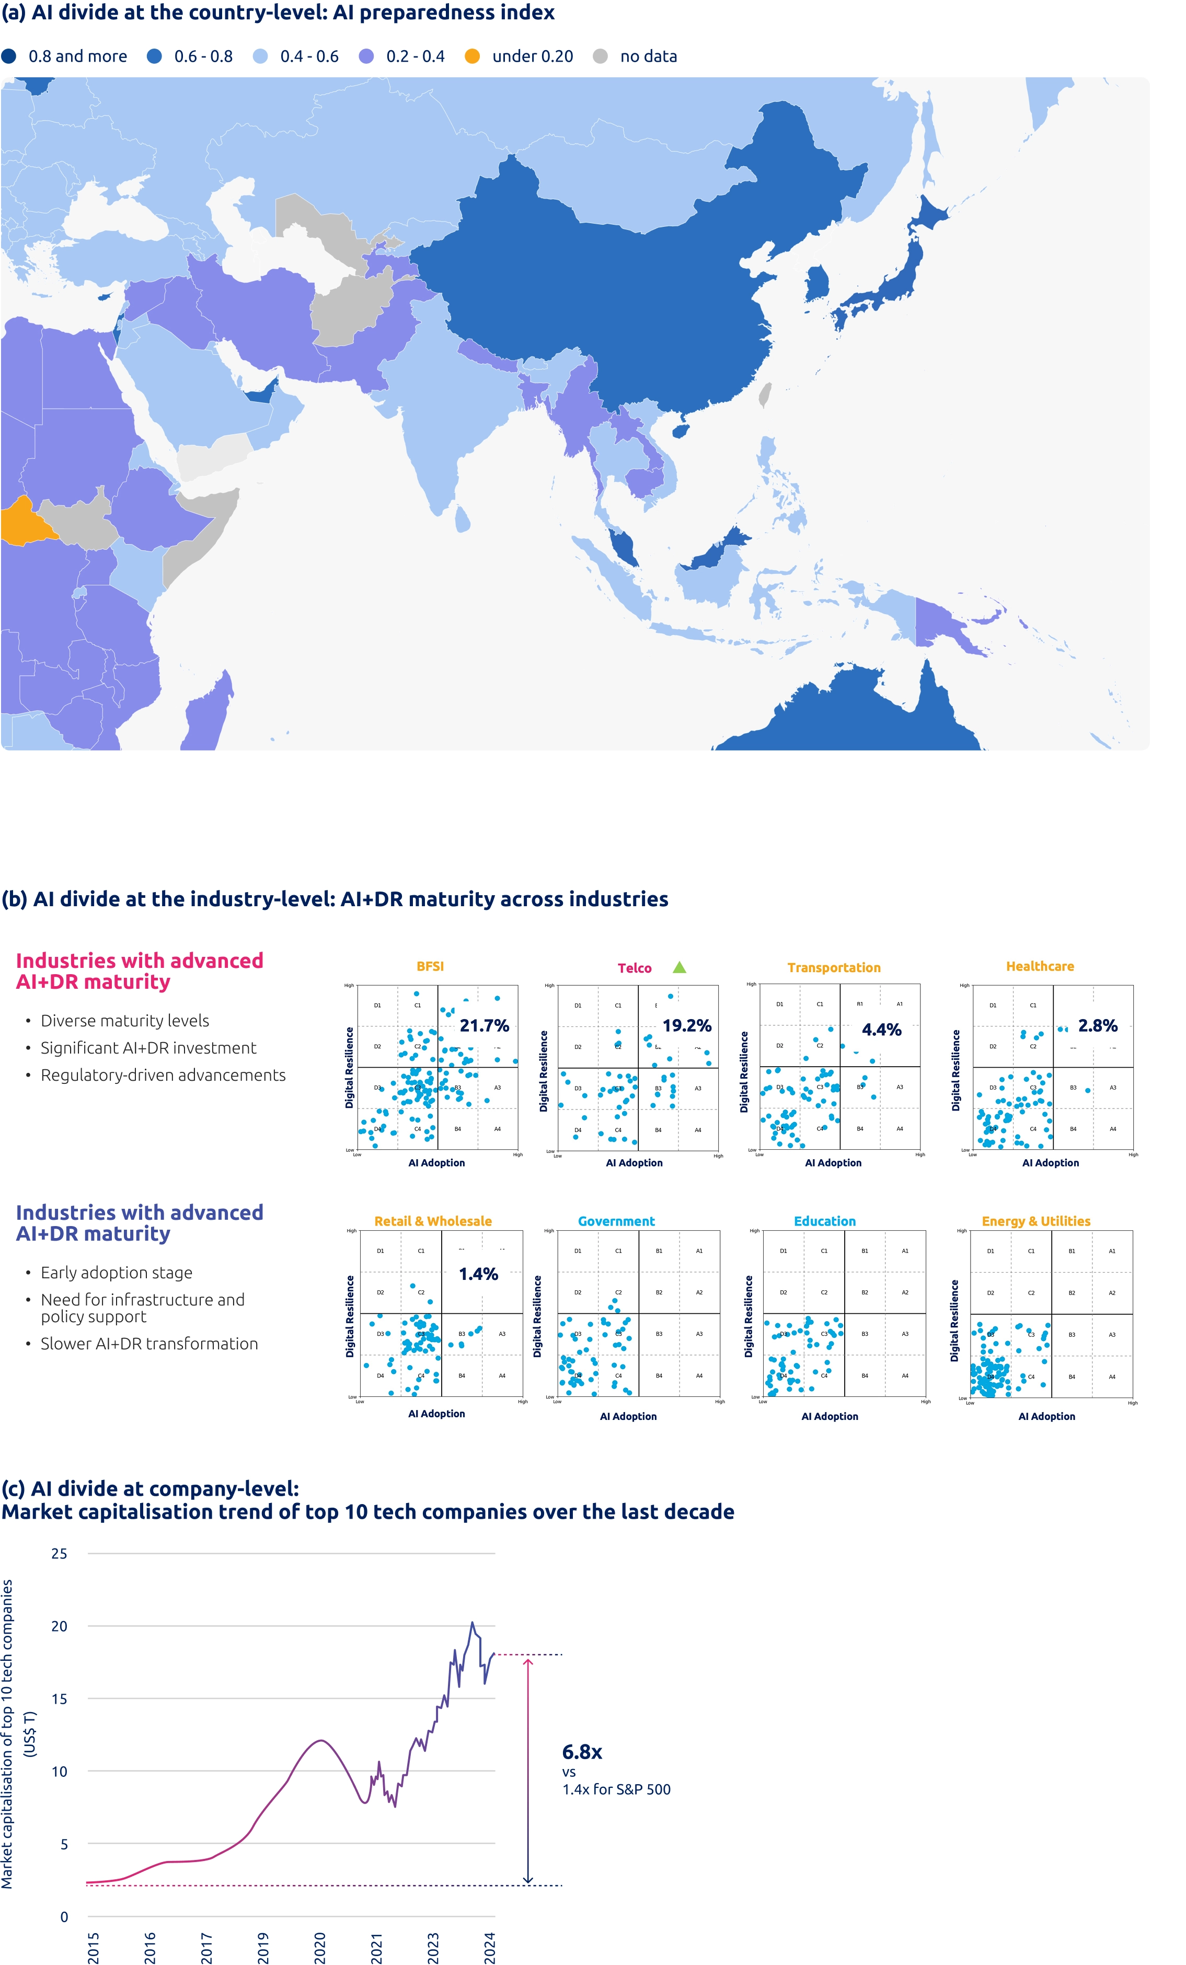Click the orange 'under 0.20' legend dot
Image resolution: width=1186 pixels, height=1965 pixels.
click(x=472, y=56)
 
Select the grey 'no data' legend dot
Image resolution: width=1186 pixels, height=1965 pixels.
click(x=601, y=56)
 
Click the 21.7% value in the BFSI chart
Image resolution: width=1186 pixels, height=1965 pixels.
click(x=484, y=1025)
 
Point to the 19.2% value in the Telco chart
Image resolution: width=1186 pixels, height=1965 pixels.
click(x=687, y=1025)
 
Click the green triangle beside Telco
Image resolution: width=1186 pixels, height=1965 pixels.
click(x=679, y=967)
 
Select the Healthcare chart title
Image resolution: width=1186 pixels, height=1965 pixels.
click(x=1039, y=966)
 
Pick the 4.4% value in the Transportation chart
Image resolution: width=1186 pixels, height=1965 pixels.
click(x=881, y=1030)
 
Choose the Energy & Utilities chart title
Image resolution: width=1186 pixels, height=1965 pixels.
click(x=1035, y=1221)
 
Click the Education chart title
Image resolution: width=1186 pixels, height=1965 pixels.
click(x=824, y=1221)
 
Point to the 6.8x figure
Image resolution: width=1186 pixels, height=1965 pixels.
click(x=581, y=1752)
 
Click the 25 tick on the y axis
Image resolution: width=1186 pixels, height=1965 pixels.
click(x=59, y=1554)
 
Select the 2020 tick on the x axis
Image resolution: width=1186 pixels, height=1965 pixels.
click(x=320, y=1947)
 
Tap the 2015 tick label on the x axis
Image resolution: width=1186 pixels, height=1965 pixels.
click(x=94, y=1947)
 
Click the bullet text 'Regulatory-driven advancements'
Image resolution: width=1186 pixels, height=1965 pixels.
click(x=163, y=1075)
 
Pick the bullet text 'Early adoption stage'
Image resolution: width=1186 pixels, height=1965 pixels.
click(x=117, y=1273)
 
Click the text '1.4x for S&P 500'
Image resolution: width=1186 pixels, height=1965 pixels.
click(x=616, y=1789)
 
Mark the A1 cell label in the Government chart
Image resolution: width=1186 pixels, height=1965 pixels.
click(x=699, y=1251)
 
